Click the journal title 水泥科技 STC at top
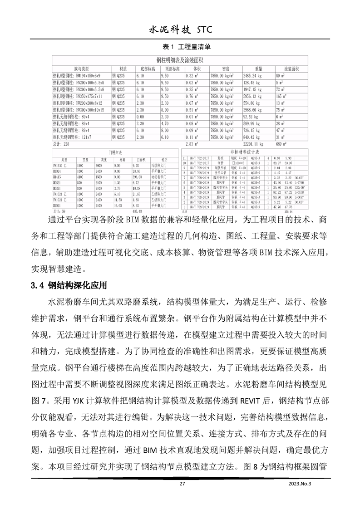pyautogui.click(x=180, y=30)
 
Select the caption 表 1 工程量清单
pyautogui.click(x=180, y=47)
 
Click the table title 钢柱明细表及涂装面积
pyautogui.click(x=179, y=60)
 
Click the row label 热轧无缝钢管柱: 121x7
pyautogui.click(x=74, y=137)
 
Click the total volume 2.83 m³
pyautogui.click(x=194, y=143)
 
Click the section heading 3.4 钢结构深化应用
pyautogui.click(x=69, y=285)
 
